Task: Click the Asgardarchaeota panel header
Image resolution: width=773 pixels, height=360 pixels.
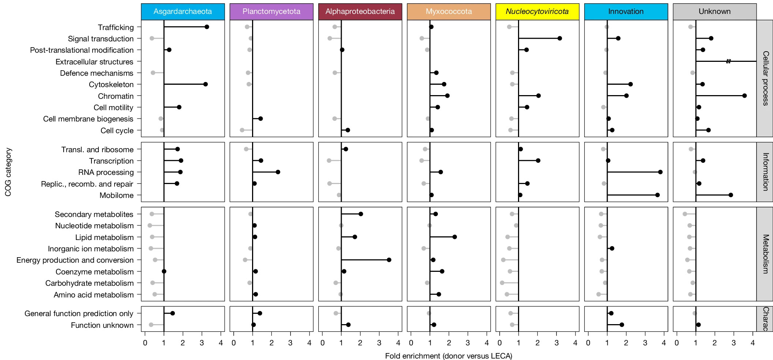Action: (183, 11)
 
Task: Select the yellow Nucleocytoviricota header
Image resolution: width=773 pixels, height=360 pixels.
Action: (537, 11)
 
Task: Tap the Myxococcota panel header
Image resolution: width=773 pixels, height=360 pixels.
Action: (449, 11)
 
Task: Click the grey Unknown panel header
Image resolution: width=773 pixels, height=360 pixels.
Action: (714, 11)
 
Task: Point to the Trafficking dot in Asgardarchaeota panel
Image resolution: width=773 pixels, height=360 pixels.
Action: (207, 27)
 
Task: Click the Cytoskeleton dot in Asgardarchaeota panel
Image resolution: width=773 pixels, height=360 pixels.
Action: (205, 84)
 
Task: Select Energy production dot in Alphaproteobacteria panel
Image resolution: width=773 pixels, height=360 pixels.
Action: (389, 260)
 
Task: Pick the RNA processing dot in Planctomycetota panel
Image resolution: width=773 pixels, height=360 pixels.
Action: (278, 172)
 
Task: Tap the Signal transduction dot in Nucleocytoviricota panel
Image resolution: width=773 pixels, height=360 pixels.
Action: (559, 38)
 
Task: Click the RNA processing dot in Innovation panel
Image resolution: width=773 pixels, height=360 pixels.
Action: (660, 172)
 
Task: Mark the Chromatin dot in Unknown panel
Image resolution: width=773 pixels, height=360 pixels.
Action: (744, 95)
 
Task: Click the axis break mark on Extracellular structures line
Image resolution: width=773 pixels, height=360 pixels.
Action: (728, 61)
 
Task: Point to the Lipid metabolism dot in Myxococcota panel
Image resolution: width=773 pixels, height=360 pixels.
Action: (454, 237)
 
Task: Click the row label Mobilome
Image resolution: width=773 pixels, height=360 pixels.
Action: (116, 195)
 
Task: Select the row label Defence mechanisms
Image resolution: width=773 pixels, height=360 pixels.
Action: (97, 73)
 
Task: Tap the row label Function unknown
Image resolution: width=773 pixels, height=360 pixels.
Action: (102, 325)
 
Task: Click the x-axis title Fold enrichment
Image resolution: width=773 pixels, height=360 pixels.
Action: (449, 356)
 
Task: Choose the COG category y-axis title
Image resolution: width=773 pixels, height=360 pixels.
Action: (8, 172)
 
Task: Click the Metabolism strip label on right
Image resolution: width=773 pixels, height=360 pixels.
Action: (765, 254)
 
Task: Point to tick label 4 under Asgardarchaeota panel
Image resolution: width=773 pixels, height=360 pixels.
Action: (221, 343)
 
